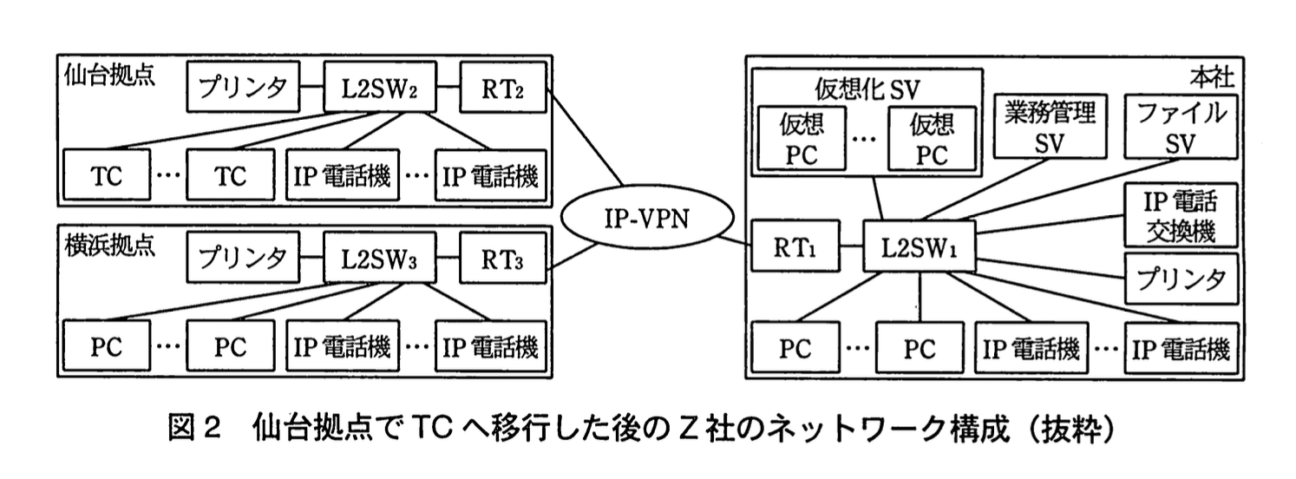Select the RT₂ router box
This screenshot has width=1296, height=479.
click(503, 88)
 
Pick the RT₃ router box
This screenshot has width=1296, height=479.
click(503, 257)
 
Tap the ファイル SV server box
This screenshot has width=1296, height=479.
click(1180, 128)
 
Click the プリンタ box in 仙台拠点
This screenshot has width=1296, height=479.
click(244, 88)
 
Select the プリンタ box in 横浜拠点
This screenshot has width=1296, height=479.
click(244, 257)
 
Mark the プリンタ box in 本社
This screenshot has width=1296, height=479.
click(1180, 279)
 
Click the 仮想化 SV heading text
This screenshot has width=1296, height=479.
click(867, 88)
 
